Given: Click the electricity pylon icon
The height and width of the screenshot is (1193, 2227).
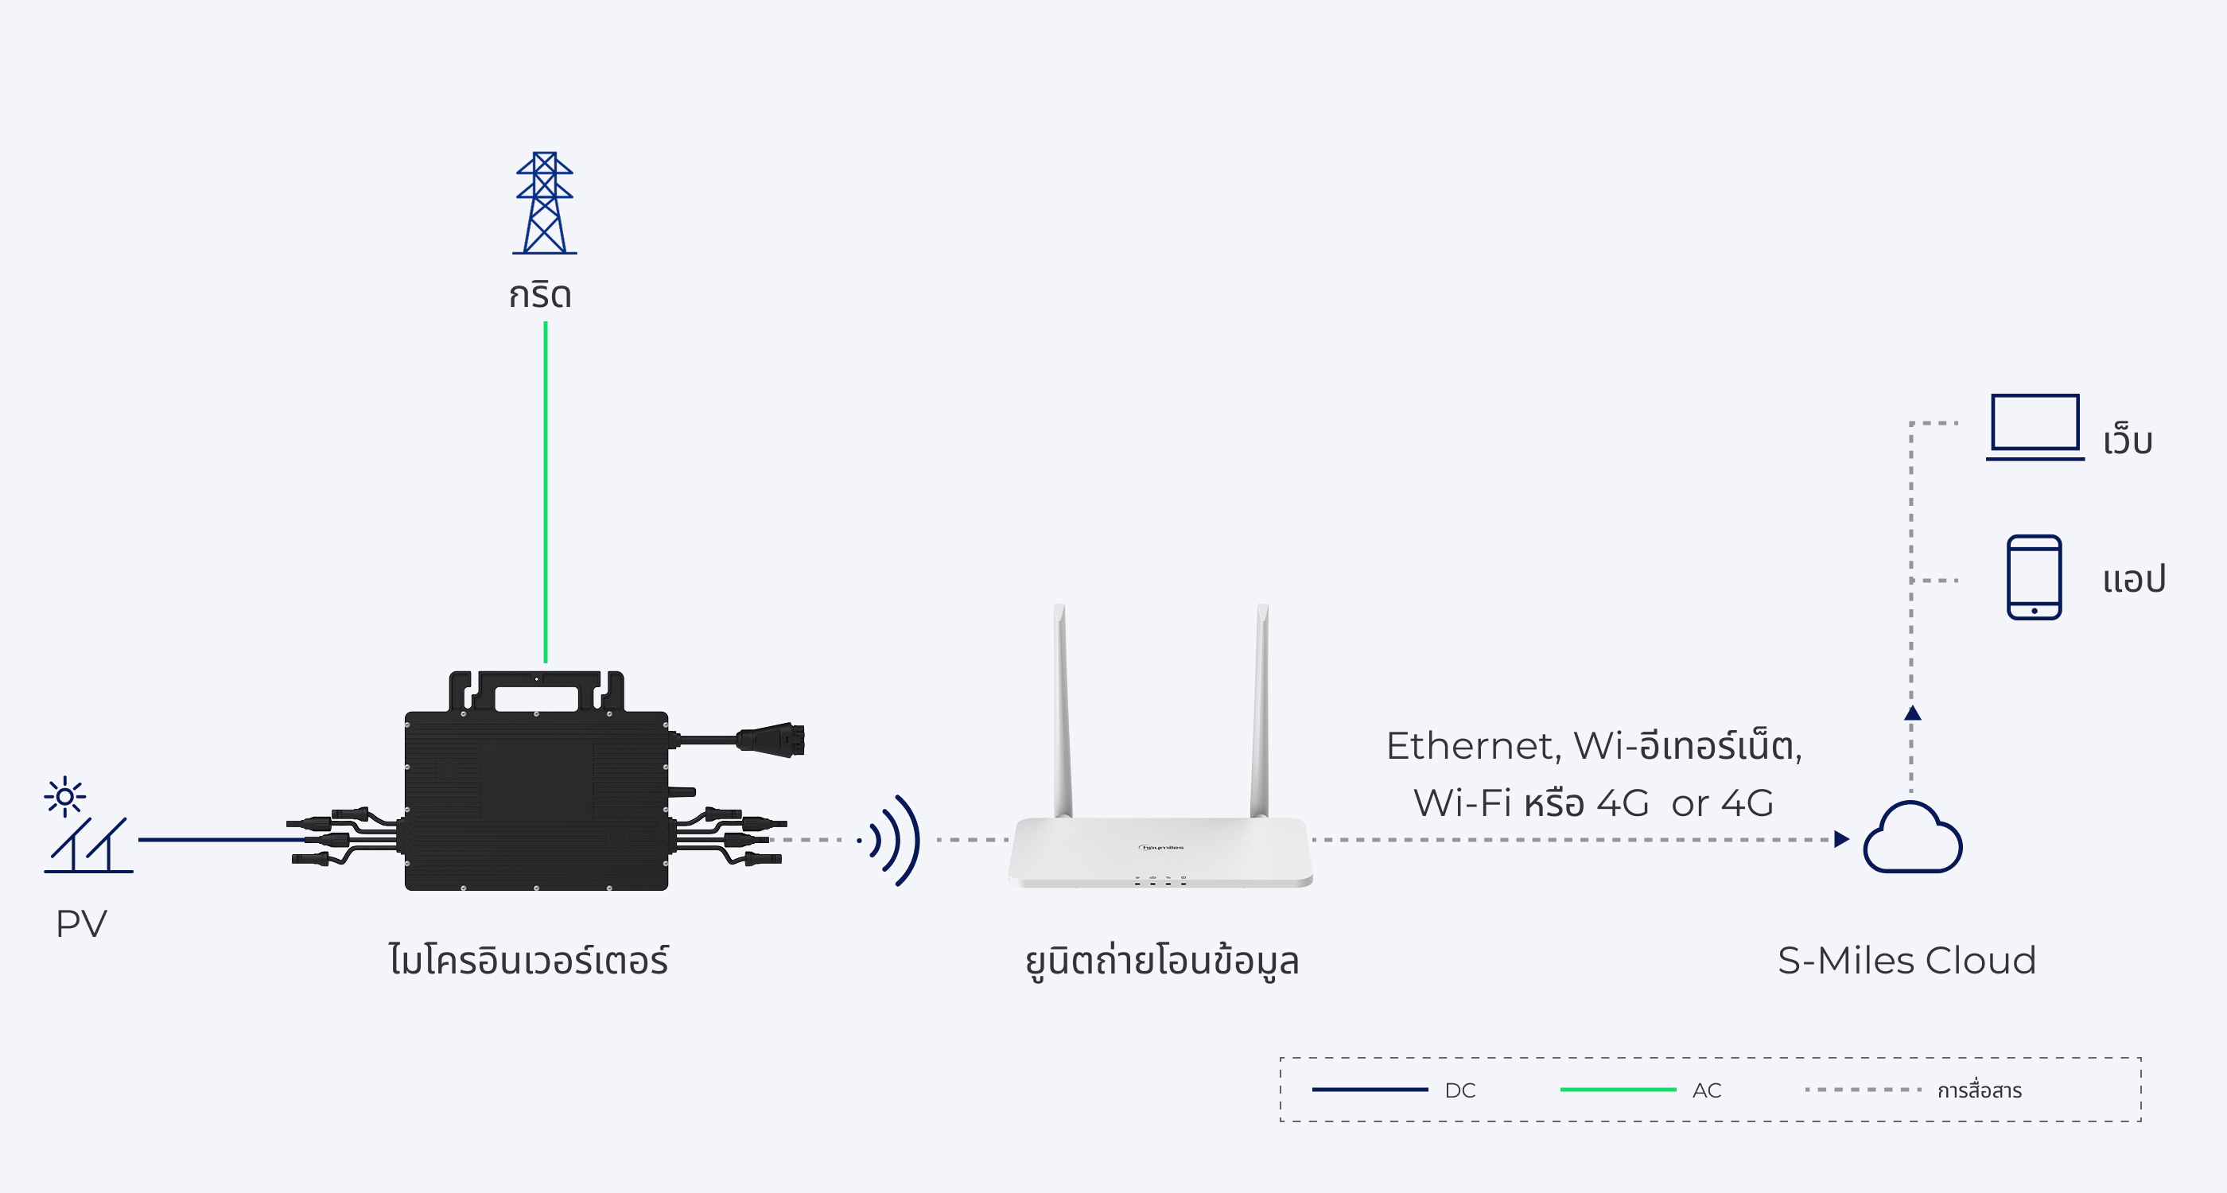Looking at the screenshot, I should [x=544, y=204].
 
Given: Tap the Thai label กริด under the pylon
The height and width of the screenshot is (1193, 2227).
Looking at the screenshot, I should [x=540, y=296].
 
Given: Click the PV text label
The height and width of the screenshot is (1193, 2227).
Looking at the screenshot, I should [x=81, y=924].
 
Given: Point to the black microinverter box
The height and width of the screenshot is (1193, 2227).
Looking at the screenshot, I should [x=536, y=799].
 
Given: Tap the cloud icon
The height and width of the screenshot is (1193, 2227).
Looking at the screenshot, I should [x=1911, y=839].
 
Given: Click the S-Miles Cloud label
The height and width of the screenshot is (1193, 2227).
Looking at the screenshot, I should [x=1906, y=961].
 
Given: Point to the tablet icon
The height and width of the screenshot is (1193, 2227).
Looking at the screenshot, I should [x=2034, y=577].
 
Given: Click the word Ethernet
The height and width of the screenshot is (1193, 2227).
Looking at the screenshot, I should [x=1470, y=746].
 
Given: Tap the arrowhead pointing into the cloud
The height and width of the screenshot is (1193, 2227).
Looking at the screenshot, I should [x=1840, y=839].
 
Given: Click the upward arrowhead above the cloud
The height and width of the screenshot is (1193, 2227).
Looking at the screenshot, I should [x=1912, y=713].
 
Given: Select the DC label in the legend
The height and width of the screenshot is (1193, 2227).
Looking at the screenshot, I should [x=1460, y=1090].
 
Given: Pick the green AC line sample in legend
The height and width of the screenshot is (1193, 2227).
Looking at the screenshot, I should [x=1618, y=1090].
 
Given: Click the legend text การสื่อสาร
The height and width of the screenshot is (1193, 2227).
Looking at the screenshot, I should [x=1979, y=1090].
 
